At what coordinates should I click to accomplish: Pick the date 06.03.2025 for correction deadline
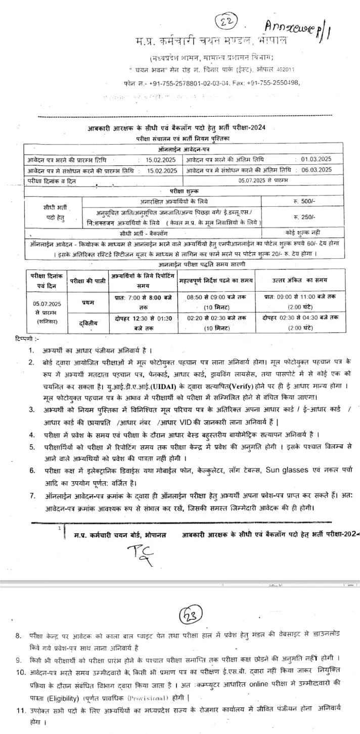pyautogui.click(x=315, y=169)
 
